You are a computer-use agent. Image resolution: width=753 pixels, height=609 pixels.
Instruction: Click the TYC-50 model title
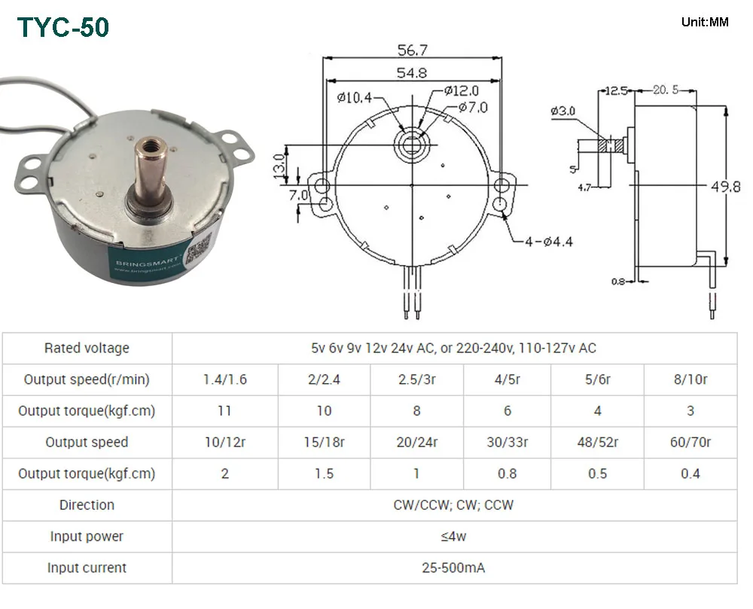point(63,27)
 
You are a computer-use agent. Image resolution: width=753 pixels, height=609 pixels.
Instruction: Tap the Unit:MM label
point(704,22)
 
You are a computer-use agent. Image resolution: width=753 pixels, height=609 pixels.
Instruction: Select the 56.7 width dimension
point(412,50)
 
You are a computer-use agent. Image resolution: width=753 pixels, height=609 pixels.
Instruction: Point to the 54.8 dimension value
point(412,73)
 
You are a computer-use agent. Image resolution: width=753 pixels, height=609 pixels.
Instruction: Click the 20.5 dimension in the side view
point(666,90)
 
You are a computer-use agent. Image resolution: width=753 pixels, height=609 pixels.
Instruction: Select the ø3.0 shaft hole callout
point(562,111)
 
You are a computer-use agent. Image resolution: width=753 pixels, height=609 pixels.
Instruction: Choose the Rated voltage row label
point(87,348)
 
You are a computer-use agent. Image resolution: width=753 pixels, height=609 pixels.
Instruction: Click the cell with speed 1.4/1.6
point(224,379)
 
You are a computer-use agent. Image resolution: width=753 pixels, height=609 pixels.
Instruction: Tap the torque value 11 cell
point(224,411)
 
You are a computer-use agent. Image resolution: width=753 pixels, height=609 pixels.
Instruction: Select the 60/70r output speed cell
point(690,442)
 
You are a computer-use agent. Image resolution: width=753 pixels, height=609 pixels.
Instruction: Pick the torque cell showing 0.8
point(508,473)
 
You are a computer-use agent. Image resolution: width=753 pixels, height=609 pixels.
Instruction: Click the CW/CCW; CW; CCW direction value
point(453,504)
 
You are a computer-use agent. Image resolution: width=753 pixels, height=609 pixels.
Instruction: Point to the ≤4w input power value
point(453,536)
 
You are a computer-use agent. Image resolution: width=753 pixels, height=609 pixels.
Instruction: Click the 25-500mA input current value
point(453,568)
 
